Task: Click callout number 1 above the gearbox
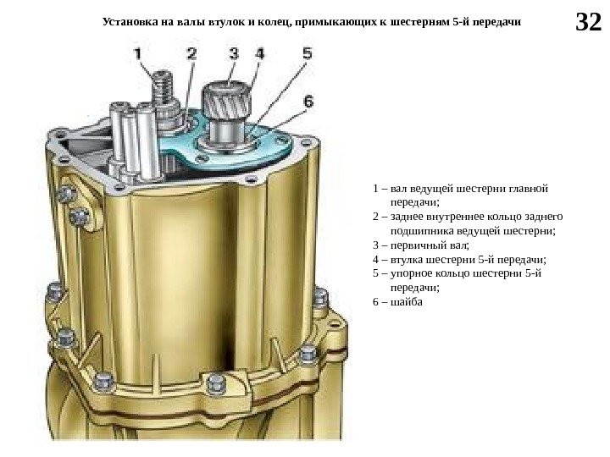141,53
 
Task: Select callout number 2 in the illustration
191,53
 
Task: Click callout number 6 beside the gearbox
308,100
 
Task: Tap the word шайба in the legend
401,302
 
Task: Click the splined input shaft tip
226,90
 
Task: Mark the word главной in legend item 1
530,187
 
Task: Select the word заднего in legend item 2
541,216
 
